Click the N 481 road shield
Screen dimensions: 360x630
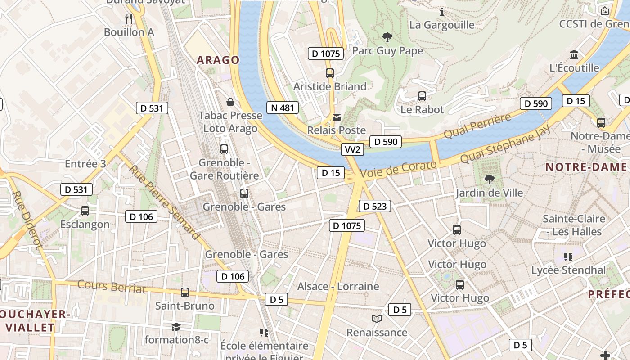(x=283, y=108)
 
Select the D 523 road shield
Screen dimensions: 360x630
(x=374, y=207)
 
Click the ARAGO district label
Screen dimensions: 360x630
(x=218, y=60)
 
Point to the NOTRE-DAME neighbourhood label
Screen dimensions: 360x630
(x=586, y=167)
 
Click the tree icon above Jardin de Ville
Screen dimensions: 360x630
(x=489, y=180)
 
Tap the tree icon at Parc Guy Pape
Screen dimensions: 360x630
(x=387, y=37)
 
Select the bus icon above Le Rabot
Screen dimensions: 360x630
(x=422, y=96)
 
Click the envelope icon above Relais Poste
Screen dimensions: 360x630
(x=336, y=117)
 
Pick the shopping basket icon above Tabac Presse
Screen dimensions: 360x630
(x=230, y=102)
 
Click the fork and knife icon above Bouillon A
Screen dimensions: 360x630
(x=129, y=18)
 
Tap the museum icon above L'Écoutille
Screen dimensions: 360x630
(x=574, y=55)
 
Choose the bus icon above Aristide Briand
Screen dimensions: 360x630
(x=330, y=73)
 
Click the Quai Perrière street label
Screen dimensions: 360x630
(x=477, y=126)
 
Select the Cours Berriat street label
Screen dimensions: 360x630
(x=112, y=286)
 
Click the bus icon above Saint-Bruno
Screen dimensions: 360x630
(x=184, y=292)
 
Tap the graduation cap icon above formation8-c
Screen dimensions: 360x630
(x=176, y=327)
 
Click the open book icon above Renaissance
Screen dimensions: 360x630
(x=377, y=319)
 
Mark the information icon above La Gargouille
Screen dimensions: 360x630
(x=442, y=12)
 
